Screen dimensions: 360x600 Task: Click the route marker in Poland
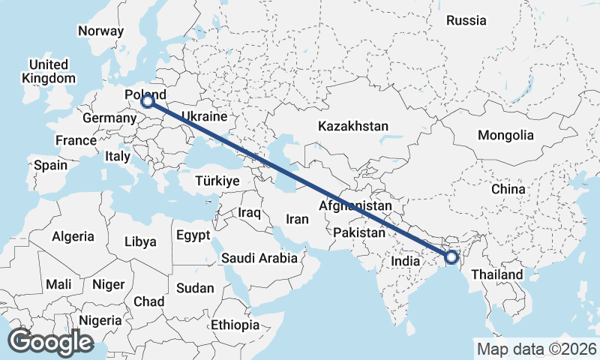click(x=148, y=100)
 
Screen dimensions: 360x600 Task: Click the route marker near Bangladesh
click(x=451, y=257)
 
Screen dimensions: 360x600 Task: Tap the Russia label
click(x=466, y=21)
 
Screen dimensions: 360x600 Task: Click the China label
click(x=508, y=189)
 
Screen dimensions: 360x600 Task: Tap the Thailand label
click(x=497, y=275)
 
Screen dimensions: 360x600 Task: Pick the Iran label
click(x=298, y=220)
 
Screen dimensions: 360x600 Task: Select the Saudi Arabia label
click(x=259, y=259)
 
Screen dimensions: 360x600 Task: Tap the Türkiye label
click(x=217, y=181)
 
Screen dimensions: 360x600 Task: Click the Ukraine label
click(x=205, y=118)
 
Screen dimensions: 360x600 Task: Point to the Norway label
click(x=100, y=31)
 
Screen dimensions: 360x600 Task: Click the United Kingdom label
click(x=49, y=71)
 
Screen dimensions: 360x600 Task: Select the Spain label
click(x=50, y=165)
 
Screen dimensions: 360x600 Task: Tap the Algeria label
click(x=73, y=236)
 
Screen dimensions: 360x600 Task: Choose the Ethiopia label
click(x=235, y=325)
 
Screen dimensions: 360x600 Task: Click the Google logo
click(x=50, y=342)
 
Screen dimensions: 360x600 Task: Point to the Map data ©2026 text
click(x=536, y=349)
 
